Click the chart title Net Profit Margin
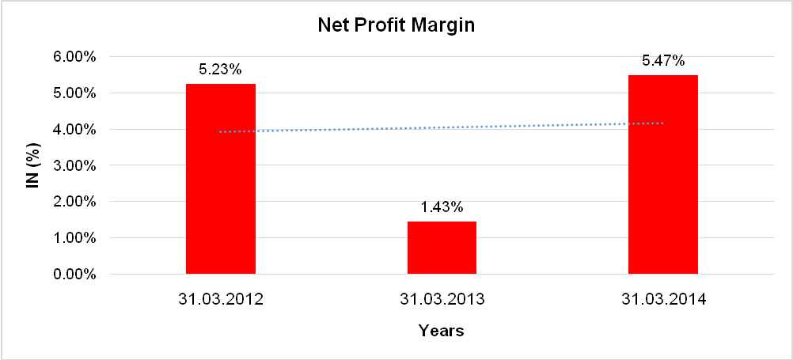396,25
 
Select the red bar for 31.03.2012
221,179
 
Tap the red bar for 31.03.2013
442,248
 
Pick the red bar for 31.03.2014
662,175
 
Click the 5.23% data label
220,70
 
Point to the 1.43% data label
442,207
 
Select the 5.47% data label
662,61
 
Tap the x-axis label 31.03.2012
221,300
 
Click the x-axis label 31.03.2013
442,300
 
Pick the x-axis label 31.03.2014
663,300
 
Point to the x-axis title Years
442,331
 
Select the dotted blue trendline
442,127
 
